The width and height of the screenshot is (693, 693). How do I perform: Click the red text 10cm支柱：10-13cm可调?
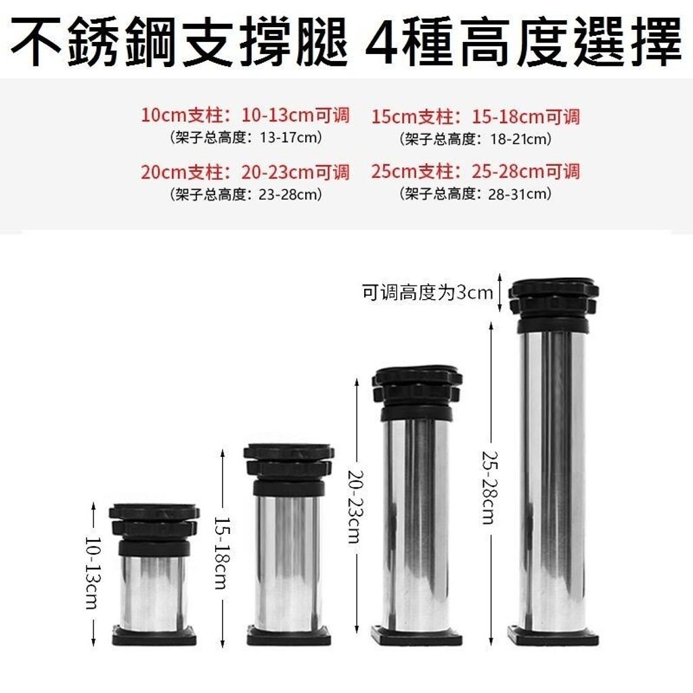245,115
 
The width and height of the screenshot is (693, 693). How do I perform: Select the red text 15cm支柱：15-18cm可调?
475,116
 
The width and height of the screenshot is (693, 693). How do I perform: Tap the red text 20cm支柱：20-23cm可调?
245,172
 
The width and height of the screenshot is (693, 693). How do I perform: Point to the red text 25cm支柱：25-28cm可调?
475,171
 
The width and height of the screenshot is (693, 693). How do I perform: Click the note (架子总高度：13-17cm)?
246,137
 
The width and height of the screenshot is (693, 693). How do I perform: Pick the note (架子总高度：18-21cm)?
476,139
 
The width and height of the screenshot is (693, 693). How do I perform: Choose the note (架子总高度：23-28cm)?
246,194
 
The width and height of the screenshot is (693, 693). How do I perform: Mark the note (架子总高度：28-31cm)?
476,194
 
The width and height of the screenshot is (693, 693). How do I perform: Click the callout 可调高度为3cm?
428,292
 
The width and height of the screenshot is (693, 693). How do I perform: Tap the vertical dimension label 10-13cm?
93,573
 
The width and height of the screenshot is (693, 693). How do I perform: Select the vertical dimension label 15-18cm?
222,552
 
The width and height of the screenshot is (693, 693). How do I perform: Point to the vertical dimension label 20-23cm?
357,506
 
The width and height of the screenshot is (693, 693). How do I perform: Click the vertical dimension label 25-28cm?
490,487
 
